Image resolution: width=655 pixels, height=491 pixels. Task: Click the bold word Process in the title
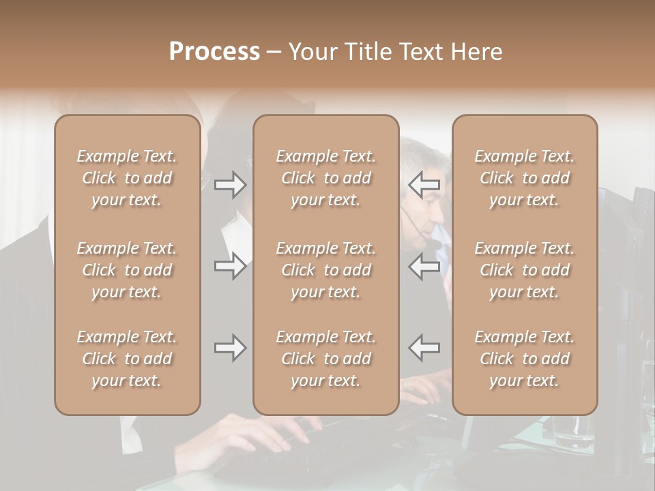pyautogui.click(x=214, y=52)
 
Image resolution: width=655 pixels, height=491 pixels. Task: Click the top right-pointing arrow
pyautogui.click(x=230, y=185)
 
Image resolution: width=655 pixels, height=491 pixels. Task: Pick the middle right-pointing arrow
pyautogui.click(x=230, y=266)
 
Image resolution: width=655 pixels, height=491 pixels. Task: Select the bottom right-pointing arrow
pyautogui.click(x=230, y=348)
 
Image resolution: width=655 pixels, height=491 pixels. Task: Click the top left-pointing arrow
pyautogui.click(x=424, y=185)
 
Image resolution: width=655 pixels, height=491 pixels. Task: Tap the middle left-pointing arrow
pyautogui.click(x=424, y=266)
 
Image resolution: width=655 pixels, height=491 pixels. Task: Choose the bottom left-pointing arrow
pyautogui.click(x=424, y=348)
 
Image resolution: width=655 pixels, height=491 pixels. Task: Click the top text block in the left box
pyautogui.click(x=127, y=178)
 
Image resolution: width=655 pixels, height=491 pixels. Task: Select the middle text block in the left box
pyautogui.click(x=127, y=270)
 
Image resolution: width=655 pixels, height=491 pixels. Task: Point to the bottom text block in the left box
pyautogui.click(x=127, y=359)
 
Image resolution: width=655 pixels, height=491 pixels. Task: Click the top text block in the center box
pyautogui.click(x=326, y=178)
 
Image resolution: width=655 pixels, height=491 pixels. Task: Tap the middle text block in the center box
pyautogui.click(x=326, y=270)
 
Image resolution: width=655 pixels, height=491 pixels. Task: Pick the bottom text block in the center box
pyautogui.click(x=326, y=359)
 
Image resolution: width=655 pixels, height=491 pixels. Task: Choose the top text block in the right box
pyautogui.click(x=525, y=178)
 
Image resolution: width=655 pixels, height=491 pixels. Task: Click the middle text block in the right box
pyautogui.click(x=525, y=270)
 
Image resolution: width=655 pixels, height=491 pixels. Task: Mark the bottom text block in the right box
pyautogui.click(x=525, y=359)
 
